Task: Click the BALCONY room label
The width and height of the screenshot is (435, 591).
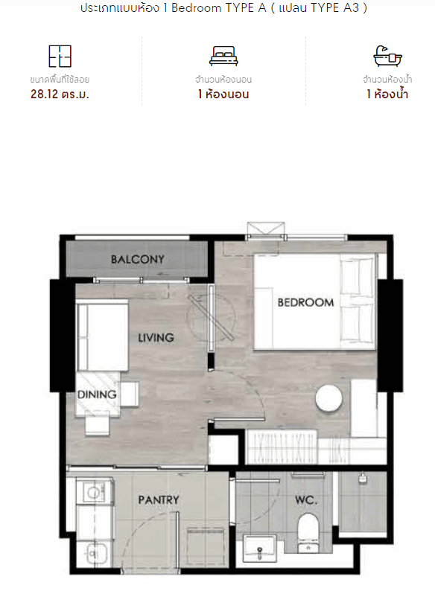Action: coord(138,259)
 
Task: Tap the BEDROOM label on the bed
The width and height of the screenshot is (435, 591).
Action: coord(305,302)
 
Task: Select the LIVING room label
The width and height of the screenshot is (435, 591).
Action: coord(156,337)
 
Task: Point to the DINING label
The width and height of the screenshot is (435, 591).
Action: coord(97,394)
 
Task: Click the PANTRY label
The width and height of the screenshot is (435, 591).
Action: coord(159,499)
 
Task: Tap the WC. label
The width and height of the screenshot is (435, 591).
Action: coord(306,500)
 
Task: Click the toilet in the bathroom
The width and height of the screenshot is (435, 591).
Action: coord(308,532)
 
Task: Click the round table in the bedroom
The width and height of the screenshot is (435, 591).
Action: coord(329,398)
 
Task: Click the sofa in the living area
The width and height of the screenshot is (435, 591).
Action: coord(103,336)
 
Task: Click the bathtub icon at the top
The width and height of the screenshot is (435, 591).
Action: coord(387,56)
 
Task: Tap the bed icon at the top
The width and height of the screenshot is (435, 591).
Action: coord(223,56)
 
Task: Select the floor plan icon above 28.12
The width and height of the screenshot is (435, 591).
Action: coord(60,56)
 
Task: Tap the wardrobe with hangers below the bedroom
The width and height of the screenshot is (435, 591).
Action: coord(282,447)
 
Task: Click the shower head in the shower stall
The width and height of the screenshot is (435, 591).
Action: coord(363,479)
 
